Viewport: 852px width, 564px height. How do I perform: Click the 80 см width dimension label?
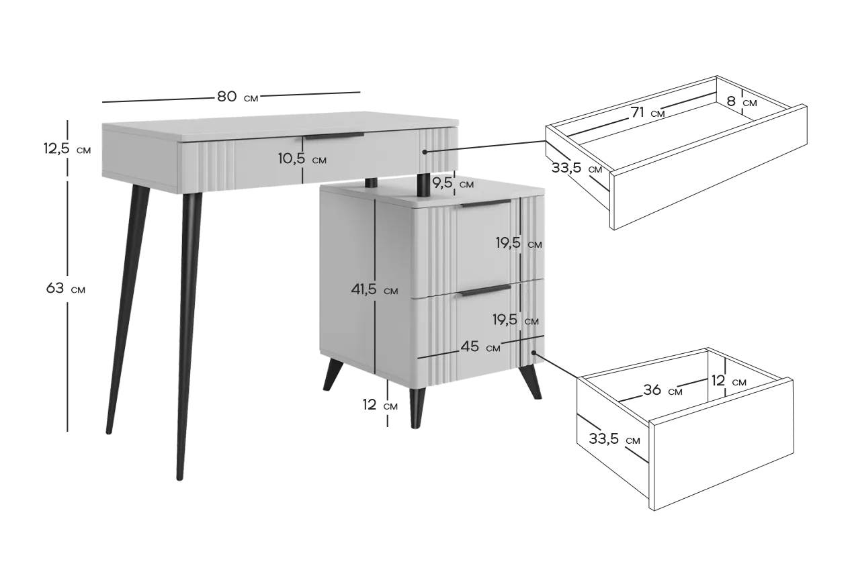[238, 97]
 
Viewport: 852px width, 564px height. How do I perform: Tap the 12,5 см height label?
[67, 148]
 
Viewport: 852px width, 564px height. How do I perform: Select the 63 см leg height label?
[65, 289]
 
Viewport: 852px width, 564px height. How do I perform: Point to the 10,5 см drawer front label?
[302, 158]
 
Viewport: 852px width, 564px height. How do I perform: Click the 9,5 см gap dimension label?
[453, 183]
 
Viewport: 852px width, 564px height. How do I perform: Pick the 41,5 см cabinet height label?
[374, 289]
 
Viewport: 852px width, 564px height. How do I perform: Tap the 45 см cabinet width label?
[480, 346]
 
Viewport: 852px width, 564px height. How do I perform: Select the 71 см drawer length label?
[648, 113]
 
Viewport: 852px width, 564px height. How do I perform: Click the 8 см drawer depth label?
[741, 101]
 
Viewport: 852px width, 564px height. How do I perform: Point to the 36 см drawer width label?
[663, 390]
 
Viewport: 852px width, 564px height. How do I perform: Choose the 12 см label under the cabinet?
[380, 405]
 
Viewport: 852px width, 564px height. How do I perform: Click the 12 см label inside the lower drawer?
[729, 381]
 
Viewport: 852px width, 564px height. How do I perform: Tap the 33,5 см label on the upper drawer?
[577, 168]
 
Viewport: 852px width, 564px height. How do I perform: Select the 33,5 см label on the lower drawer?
[614, 439]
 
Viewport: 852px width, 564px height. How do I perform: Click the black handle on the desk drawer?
[335, 136]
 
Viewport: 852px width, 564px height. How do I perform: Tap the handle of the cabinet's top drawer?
[486, 203]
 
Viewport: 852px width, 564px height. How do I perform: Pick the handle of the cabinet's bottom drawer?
[486, 290]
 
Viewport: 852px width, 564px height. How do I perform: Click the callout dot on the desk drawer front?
[425, 152]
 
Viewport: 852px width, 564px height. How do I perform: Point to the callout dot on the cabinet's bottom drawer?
[534, 352]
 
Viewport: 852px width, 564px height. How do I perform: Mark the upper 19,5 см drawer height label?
[519, 242]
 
